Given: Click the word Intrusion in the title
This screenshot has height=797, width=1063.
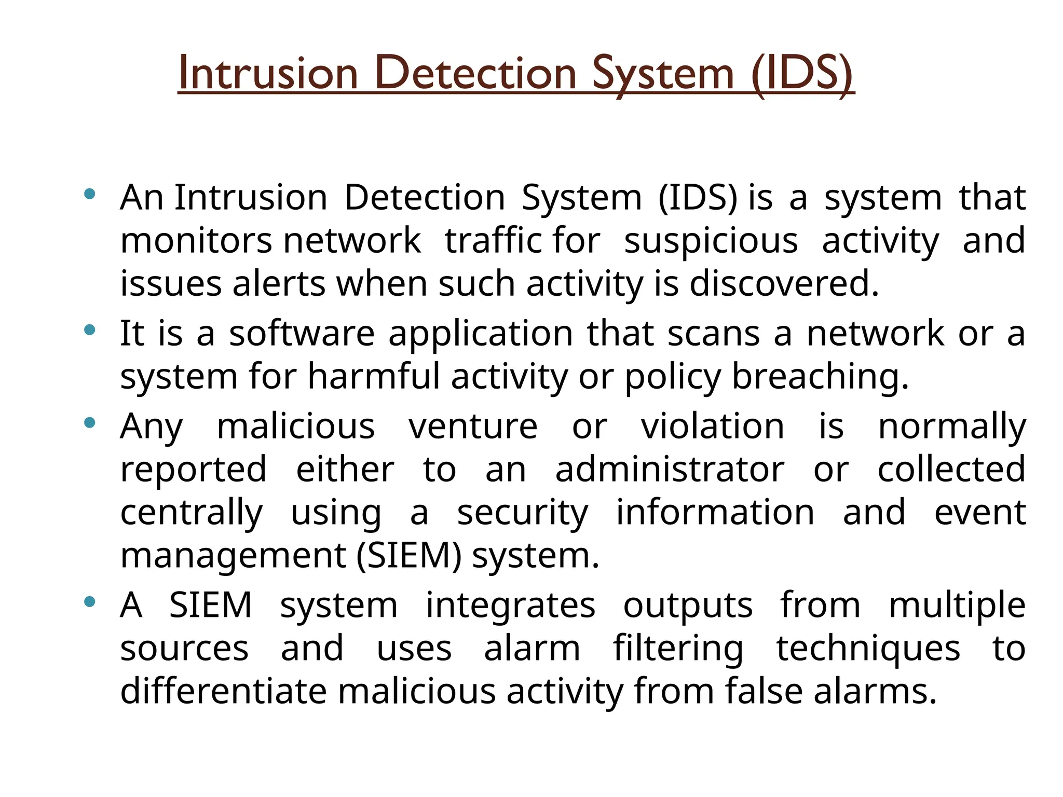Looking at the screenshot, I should (x=268, y=74).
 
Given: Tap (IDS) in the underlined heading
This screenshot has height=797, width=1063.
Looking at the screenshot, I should (x=801, y=74).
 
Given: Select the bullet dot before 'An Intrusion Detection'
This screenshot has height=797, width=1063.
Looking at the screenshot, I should (x=90, y=194).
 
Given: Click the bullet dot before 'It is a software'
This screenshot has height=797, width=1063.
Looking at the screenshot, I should (x=90, y=329).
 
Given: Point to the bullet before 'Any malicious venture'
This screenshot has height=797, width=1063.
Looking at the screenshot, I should (x=90, y=422).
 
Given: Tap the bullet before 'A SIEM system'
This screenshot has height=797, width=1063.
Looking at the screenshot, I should (x=90, y=601).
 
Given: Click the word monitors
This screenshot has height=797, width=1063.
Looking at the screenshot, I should (x=196, y=241).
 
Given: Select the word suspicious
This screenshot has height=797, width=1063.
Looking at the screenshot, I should (x=711, y=241).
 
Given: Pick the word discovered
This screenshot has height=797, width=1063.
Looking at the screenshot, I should (x=784, y=284).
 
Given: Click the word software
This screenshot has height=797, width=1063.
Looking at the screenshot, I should (x=302, y=334).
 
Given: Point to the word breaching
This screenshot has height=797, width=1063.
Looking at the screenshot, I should (x=820, y=377).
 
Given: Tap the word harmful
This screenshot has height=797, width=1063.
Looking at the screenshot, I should (x=374, y=376).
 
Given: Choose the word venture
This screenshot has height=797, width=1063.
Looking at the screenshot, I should (x=473, y=427).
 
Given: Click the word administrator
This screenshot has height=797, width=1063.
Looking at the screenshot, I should (x=670, y=470).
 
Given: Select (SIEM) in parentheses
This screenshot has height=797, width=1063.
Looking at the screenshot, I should (x=408, y=556).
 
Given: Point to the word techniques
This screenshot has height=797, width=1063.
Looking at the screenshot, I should (x=868, y=649).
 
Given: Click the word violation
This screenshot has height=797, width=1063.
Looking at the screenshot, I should (x=712, y=427).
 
